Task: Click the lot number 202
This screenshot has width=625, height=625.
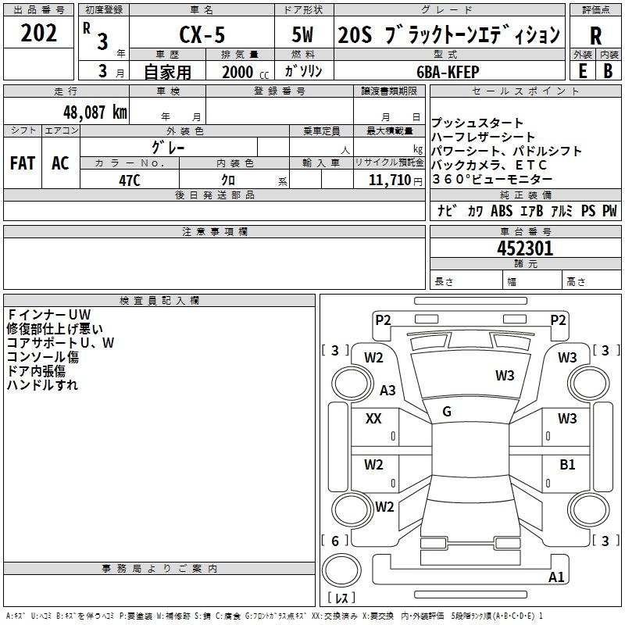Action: [x=38, y=33]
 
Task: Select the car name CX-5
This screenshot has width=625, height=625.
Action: [x=202, y=34]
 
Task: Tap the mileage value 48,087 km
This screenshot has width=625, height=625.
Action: [x=95, y=112]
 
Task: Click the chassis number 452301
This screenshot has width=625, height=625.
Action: [x=525, y=248]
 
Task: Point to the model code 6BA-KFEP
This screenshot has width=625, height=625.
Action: [x=448, y=72]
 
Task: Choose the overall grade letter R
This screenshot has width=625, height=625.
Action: [x=595, y=36]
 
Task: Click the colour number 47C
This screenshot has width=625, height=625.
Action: [x=130, y=180]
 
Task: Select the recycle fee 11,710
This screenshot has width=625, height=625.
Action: [x=390, y=180]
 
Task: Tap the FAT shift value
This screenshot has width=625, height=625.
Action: [x=23, y=163]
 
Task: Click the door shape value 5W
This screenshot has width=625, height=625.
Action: [x=302, y=34]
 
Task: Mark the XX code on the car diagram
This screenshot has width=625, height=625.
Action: [x=373, y=419]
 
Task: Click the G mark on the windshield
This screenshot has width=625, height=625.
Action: [x=447, y=412]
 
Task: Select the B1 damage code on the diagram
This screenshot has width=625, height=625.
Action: [x=567, y=465]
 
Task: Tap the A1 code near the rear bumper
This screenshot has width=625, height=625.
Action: [x=556, y=577]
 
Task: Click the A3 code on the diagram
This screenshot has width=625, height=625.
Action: [x=387, y=390]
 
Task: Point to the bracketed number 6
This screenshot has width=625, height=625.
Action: [x=335, y=541]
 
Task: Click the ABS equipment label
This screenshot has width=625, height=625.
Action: [x=502, y=211]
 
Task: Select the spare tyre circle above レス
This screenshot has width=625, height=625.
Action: [x=341, y=570]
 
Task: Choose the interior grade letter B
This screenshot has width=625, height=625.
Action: [x=608, y=71]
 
